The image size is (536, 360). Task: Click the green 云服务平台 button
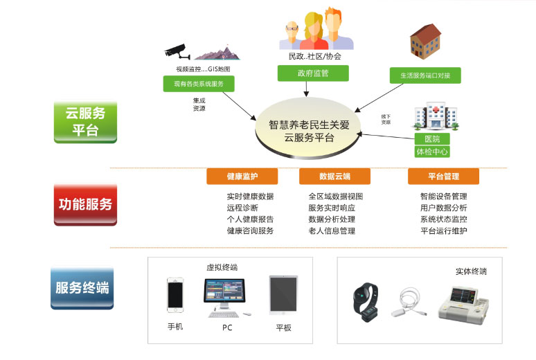[x=84, y=121]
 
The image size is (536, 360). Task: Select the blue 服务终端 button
[x=82, y=287]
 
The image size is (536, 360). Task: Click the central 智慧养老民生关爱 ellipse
[x=309, y=132]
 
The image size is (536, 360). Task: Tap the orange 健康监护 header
[x=242, y=177]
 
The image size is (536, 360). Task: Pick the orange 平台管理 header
[x=443, y=177]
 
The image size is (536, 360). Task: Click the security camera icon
[x=178, y=51]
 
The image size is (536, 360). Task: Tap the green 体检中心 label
[x=431, y=151]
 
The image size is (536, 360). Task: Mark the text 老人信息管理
[x=332, y=231]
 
